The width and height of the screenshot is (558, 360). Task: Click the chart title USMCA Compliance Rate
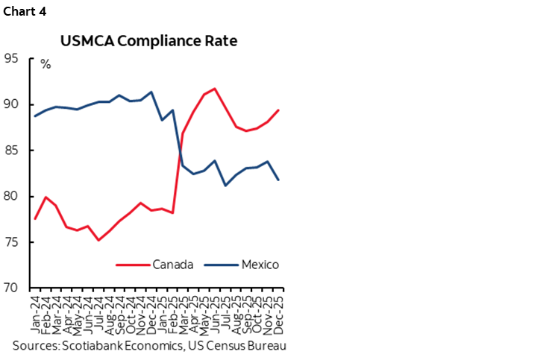(x=149, y=40)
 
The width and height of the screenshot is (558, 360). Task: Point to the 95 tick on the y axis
(x=12, y=58)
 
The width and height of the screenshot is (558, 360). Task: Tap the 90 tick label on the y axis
(x=12, y=104)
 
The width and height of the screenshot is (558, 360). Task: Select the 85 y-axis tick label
(x=12, y=151)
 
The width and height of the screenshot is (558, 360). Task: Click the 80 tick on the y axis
(x=12, y=197)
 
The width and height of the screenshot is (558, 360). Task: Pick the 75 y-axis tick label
(x=12, y=243)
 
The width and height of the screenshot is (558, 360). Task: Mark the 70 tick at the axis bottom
(x=12, y=288)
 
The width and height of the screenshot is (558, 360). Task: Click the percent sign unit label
(x=46, y=65)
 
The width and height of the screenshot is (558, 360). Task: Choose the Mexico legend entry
(x=258, y=264)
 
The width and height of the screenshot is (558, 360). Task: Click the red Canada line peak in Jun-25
(x=215, y=89)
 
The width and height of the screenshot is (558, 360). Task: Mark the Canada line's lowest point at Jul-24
(x=98, y=240)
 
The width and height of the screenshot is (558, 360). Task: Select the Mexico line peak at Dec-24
(x=151, y=92)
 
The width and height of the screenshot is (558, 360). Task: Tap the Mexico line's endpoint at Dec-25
(x=279, y=180)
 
